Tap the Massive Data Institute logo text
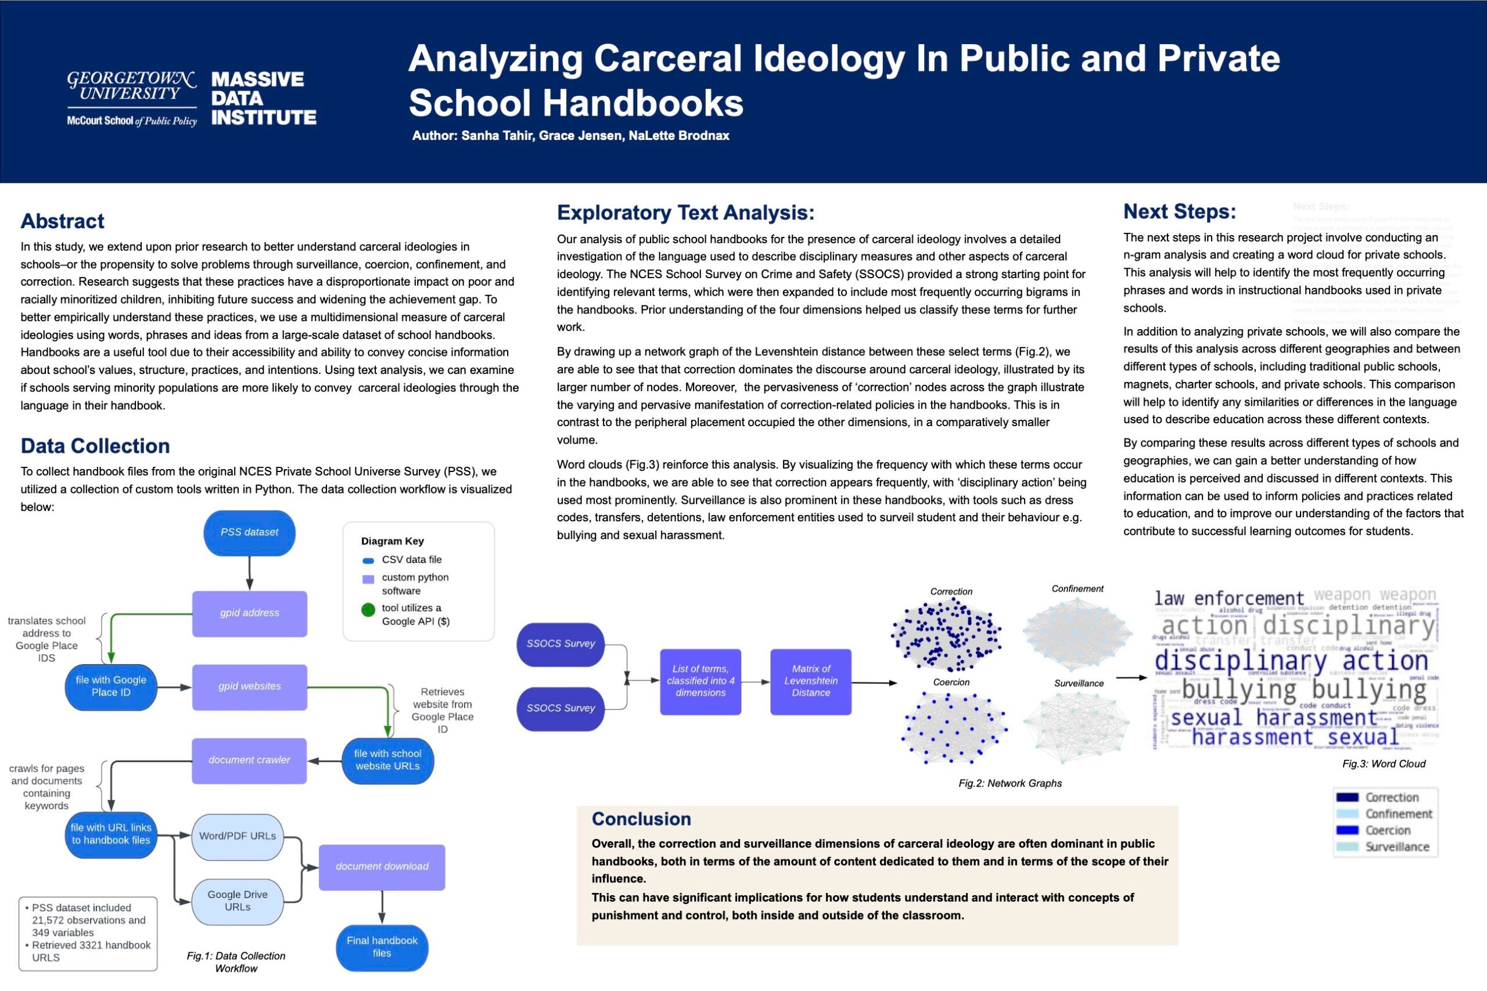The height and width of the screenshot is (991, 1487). [263, 98]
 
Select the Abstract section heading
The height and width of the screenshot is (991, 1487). [62, 221]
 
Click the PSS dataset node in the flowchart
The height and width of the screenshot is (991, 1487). [249, 532]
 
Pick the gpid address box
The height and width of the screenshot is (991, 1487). [249, 613]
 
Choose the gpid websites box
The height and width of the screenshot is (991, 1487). [249, 686]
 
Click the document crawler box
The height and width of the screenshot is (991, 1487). [249, 761]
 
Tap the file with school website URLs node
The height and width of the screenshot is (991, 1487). [387, 761]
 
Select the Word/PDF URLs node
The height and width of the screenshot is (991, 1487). [237, 836]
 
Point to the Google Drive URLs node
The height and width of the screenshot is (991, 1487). [237, 900]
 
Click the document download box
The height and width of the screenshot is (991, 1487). [382, 867]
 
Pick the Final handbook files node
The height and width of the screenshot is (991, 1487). [382, 947]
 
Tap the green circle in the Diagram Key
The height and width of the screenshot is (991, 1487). [368, 610]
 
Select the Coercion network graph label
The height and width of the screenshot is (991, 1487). [951, 683]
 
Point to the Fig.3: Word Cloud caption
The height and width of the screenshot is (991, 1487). [1383, 764]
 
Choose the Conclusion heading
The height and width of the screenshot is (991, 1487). [641, 819]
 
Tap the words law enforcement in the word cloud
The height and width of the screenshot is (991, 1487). [1229, 599]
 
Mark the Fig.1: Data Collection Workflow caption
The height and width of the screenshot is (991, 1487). [236, 962]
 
